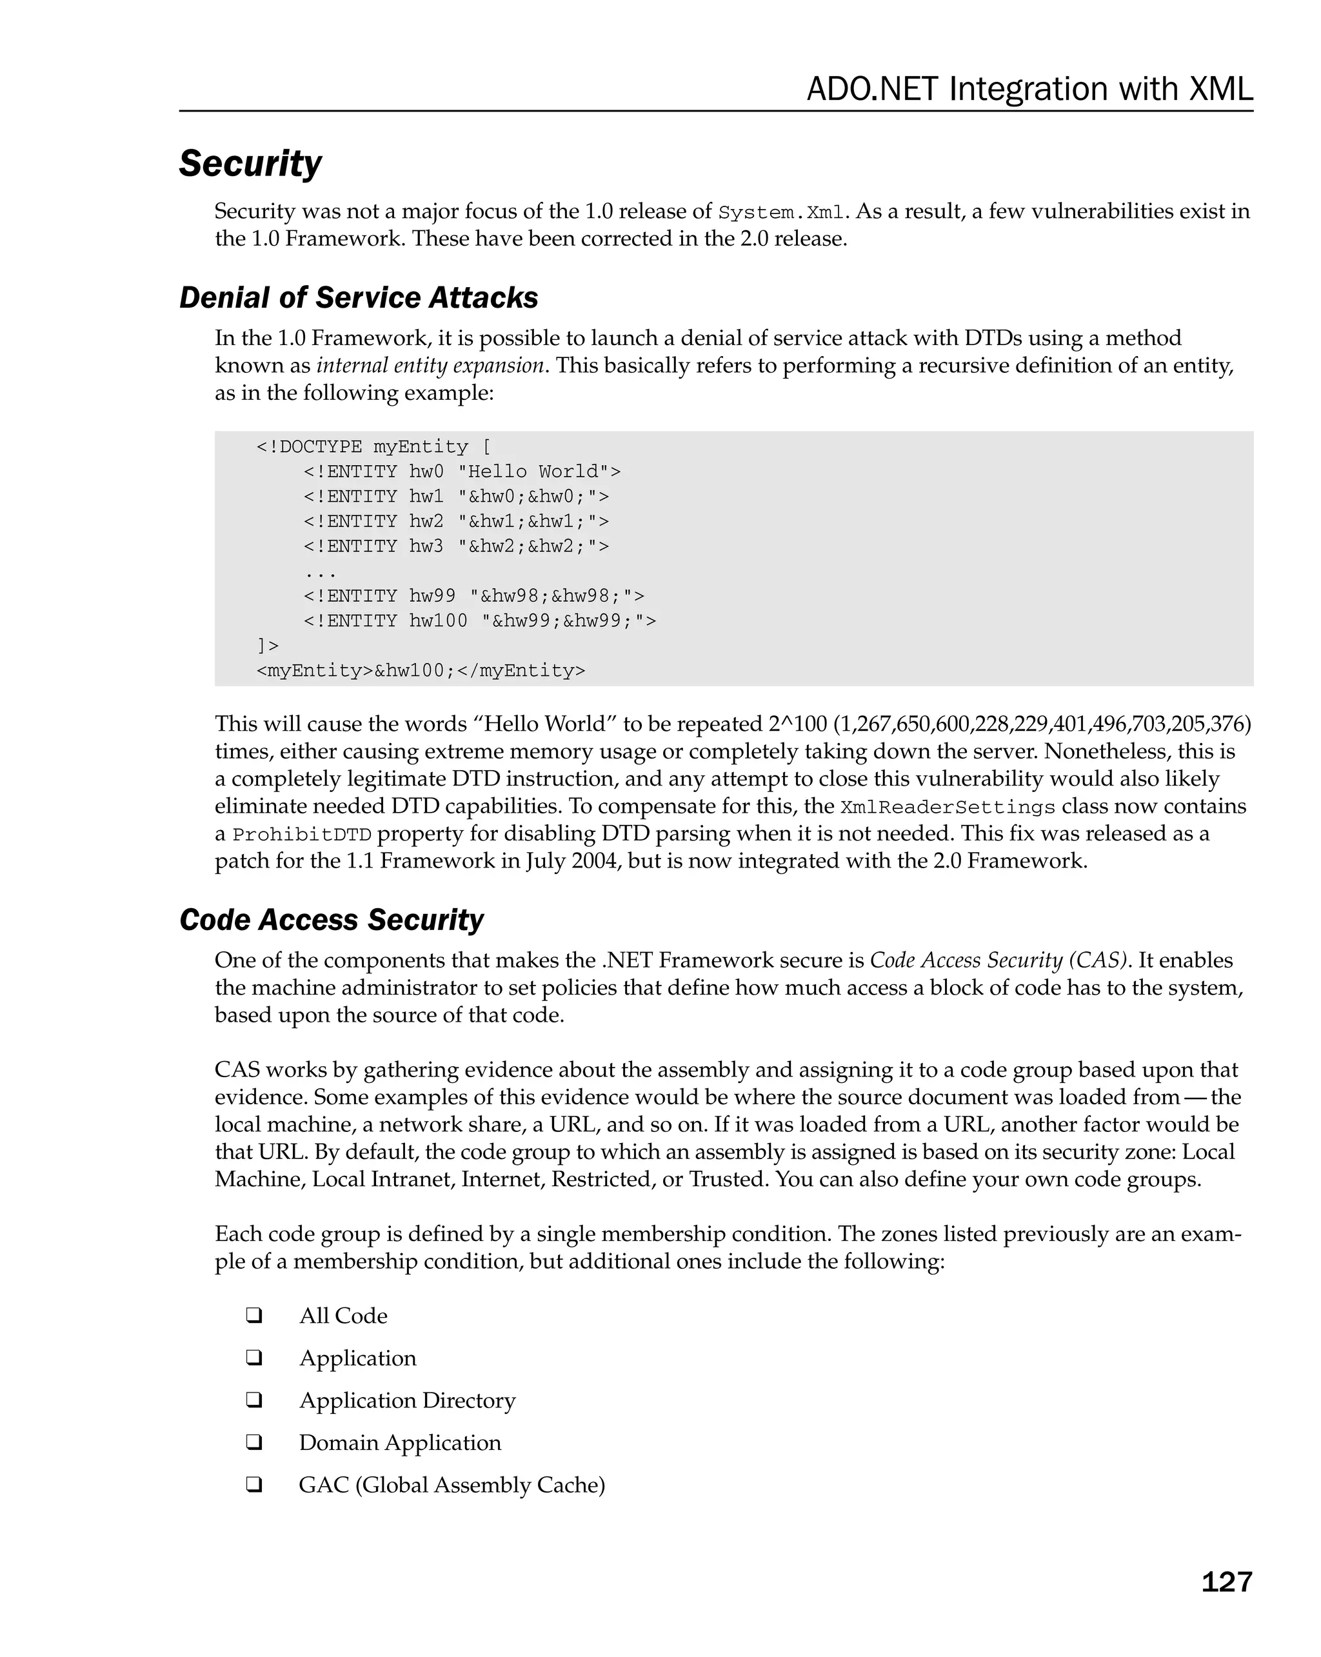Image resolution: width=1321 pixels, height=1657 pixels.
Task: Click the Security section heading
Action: (250, 164)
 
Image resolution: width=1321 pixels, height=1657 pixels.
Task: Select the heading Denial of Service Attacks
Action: (358, 297)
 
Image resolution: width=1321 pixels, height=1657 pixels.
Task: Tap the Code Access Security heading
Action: (331, 920)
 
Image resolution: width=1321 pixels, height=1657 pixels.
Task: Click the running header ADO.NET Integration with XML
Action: (1029, 89)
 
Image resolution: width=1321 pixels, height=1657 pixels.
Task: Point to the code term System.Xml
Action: (780, 212)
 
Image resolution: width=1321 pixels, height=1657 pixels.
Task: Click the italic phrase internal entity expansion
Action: (430, 365)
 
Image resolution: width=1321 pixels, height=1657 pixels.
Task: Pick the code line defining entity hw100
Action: (479, 620)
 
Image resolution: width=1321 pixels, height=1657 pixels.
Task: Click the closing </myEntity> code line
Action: (421, 670)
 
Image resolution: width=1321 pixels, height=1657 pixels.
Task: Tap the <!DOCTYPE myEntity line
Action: (373, 446)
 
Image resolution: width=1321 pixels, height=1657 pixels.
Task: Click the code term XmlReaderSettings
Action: (948, 807)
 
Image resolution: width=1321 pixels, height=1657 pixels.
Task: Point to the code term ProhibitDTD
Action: (302, 835)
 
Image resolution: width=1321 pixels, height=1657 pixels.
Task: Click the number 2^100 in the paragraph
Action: (796, 724)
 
